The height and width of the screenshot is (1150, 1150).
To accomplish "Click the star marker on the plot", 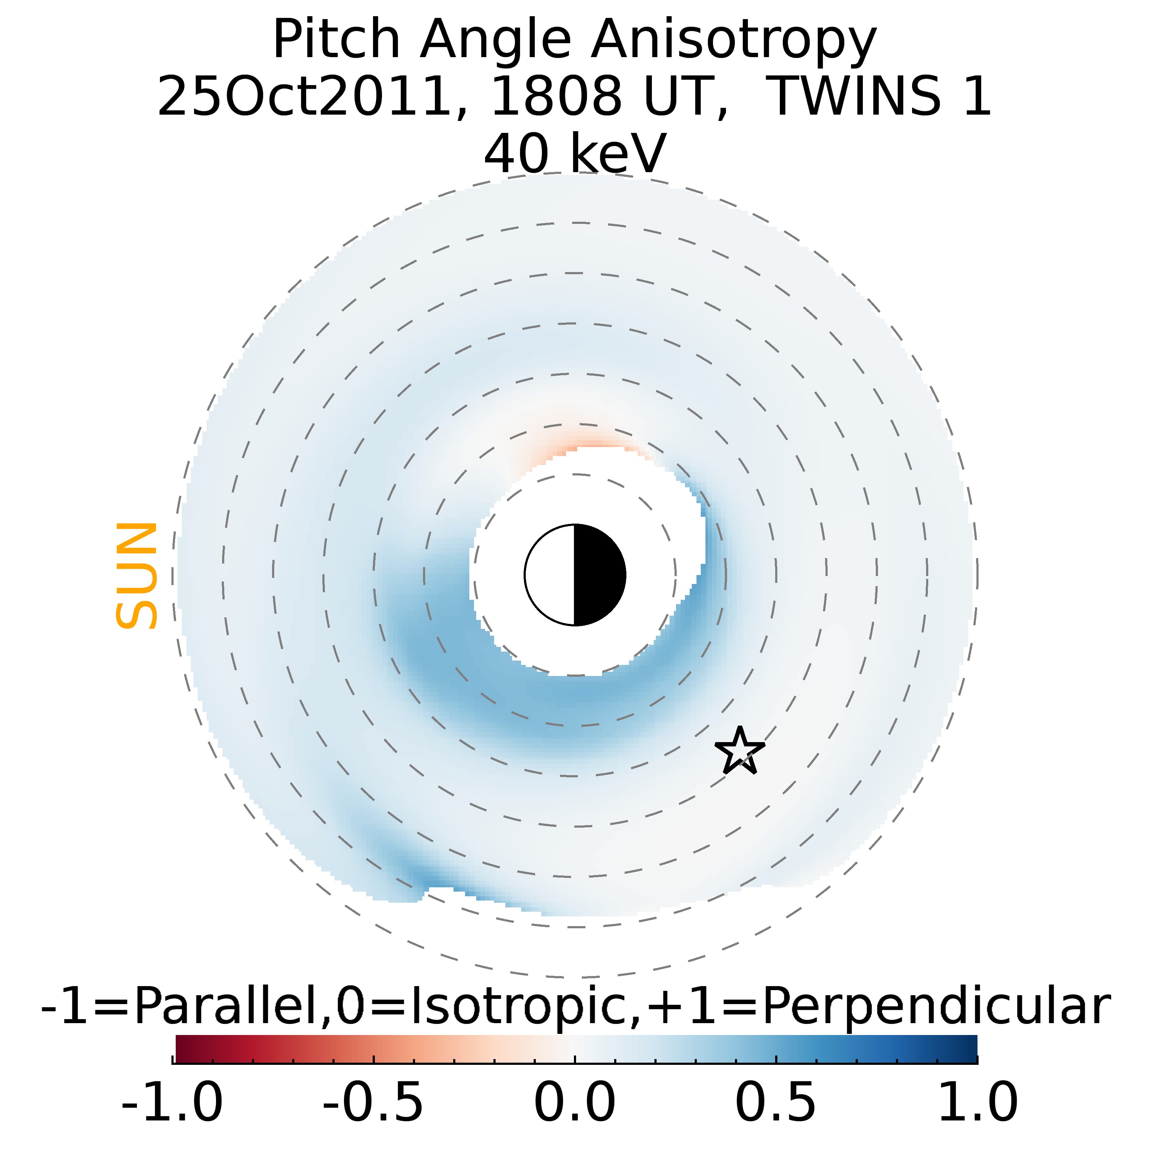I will coord(739,751).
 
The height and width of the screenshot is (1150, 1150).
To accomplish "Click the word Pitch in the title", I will coord(336,41).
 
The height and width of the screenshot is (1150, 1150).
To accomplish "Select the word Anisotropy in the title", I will coord(733,41).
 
